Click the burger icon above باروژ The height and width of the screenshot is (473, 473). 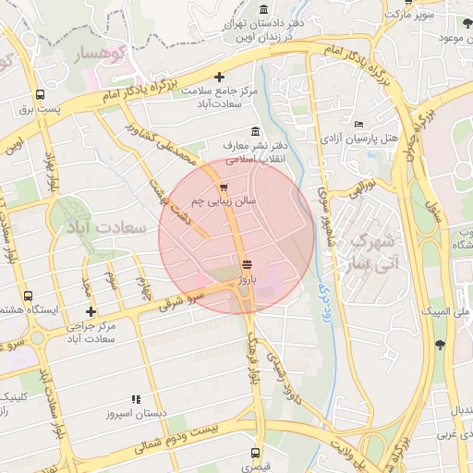coord(246,264)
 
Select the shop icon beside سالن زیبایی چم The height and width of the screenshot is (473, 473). coord(224,187)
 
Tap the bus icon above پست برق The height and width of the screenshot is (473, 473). coord(40,94)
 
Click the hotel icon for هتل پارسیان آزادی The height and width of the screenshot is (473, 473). coord(358,125)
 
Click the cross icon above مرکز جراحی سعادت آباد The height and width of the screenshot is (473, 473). coord(90,312)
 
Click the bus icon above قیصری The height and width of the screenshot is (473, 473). coord(255,453)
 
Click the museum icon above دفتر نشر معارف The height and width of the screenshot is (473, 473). coord(254,131)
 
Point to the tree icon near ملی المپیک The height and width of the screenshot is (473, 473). coord(439,345)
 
